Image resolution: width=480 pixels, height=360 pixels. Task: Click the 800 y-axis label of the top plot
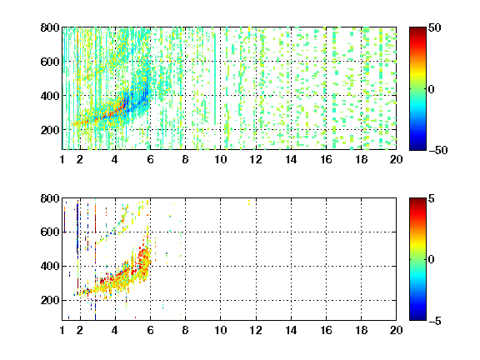pos(50,27)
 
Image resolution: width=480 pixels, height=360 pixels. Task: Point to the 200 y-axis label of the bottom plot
pos(50,300)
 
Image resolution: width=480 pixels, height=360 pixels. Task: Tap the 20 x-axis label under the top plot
pos(396,159)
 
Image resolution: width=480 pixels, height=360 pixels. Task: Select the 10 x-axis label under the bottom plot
pos(220,330)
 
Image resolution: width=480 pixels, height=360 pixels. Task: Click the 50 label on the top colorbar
pos(434,27)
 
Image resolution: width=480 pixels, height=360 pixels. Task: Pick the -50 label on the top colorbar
pos(438,150)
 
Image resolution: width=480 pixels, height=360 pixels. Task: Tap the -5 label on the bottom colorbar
pos(435,321)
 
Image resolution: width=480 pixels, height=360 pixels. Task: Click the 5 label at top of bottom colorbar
pos(432,198)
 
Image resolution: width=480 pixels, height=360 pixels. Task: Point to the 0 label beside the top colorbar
pos(432,89)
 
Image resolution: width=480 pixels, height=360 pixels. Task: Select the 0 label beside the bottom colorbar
pos(432,260)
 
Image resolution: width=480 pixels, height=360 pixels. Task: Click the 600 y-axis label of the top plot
pos(50,62)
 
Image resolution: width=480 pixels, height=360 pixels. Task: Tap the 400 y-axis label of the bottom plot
pos(50,266)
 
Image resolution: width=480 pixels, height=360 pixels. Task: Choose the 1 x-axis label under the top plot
pos(62,159)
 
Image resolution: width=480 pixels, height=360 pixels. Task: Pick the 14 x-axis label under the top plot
pos(291,159)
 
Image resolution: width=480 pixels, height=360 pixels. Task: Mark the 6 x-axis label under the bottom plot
pos(150,330)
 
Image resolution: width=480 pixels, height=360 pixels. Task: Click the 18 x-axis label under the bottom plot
pos(361,330)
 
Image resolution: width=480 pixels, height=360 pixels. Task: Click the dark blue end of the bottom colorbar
pos(417,317)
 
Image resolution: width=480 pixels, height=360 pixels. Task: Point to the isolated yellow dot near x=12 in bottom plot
pos(249,202)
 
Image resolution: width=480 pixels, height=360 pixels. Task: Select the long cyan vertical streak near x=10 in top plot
pos(215,79)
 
